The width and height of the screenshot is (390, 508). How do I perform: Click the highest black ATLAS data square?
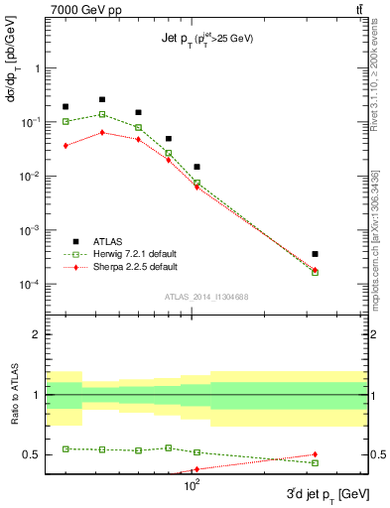coord(102,99)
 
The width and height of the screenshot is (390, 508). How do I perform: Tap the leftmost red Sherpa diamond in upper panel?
coord(65,146)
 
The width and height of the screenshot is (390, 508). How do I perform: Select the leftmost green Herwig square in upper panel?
coord(65,121)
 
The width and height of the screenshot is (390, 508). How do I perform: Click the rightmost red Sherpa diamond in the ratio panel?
coord(315,454)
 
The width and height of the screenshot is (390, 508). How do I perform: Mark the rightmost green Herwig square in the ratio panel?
coord(315,463)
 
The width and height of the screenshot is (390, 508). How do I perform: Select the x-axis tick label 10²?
coord(192,487)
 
